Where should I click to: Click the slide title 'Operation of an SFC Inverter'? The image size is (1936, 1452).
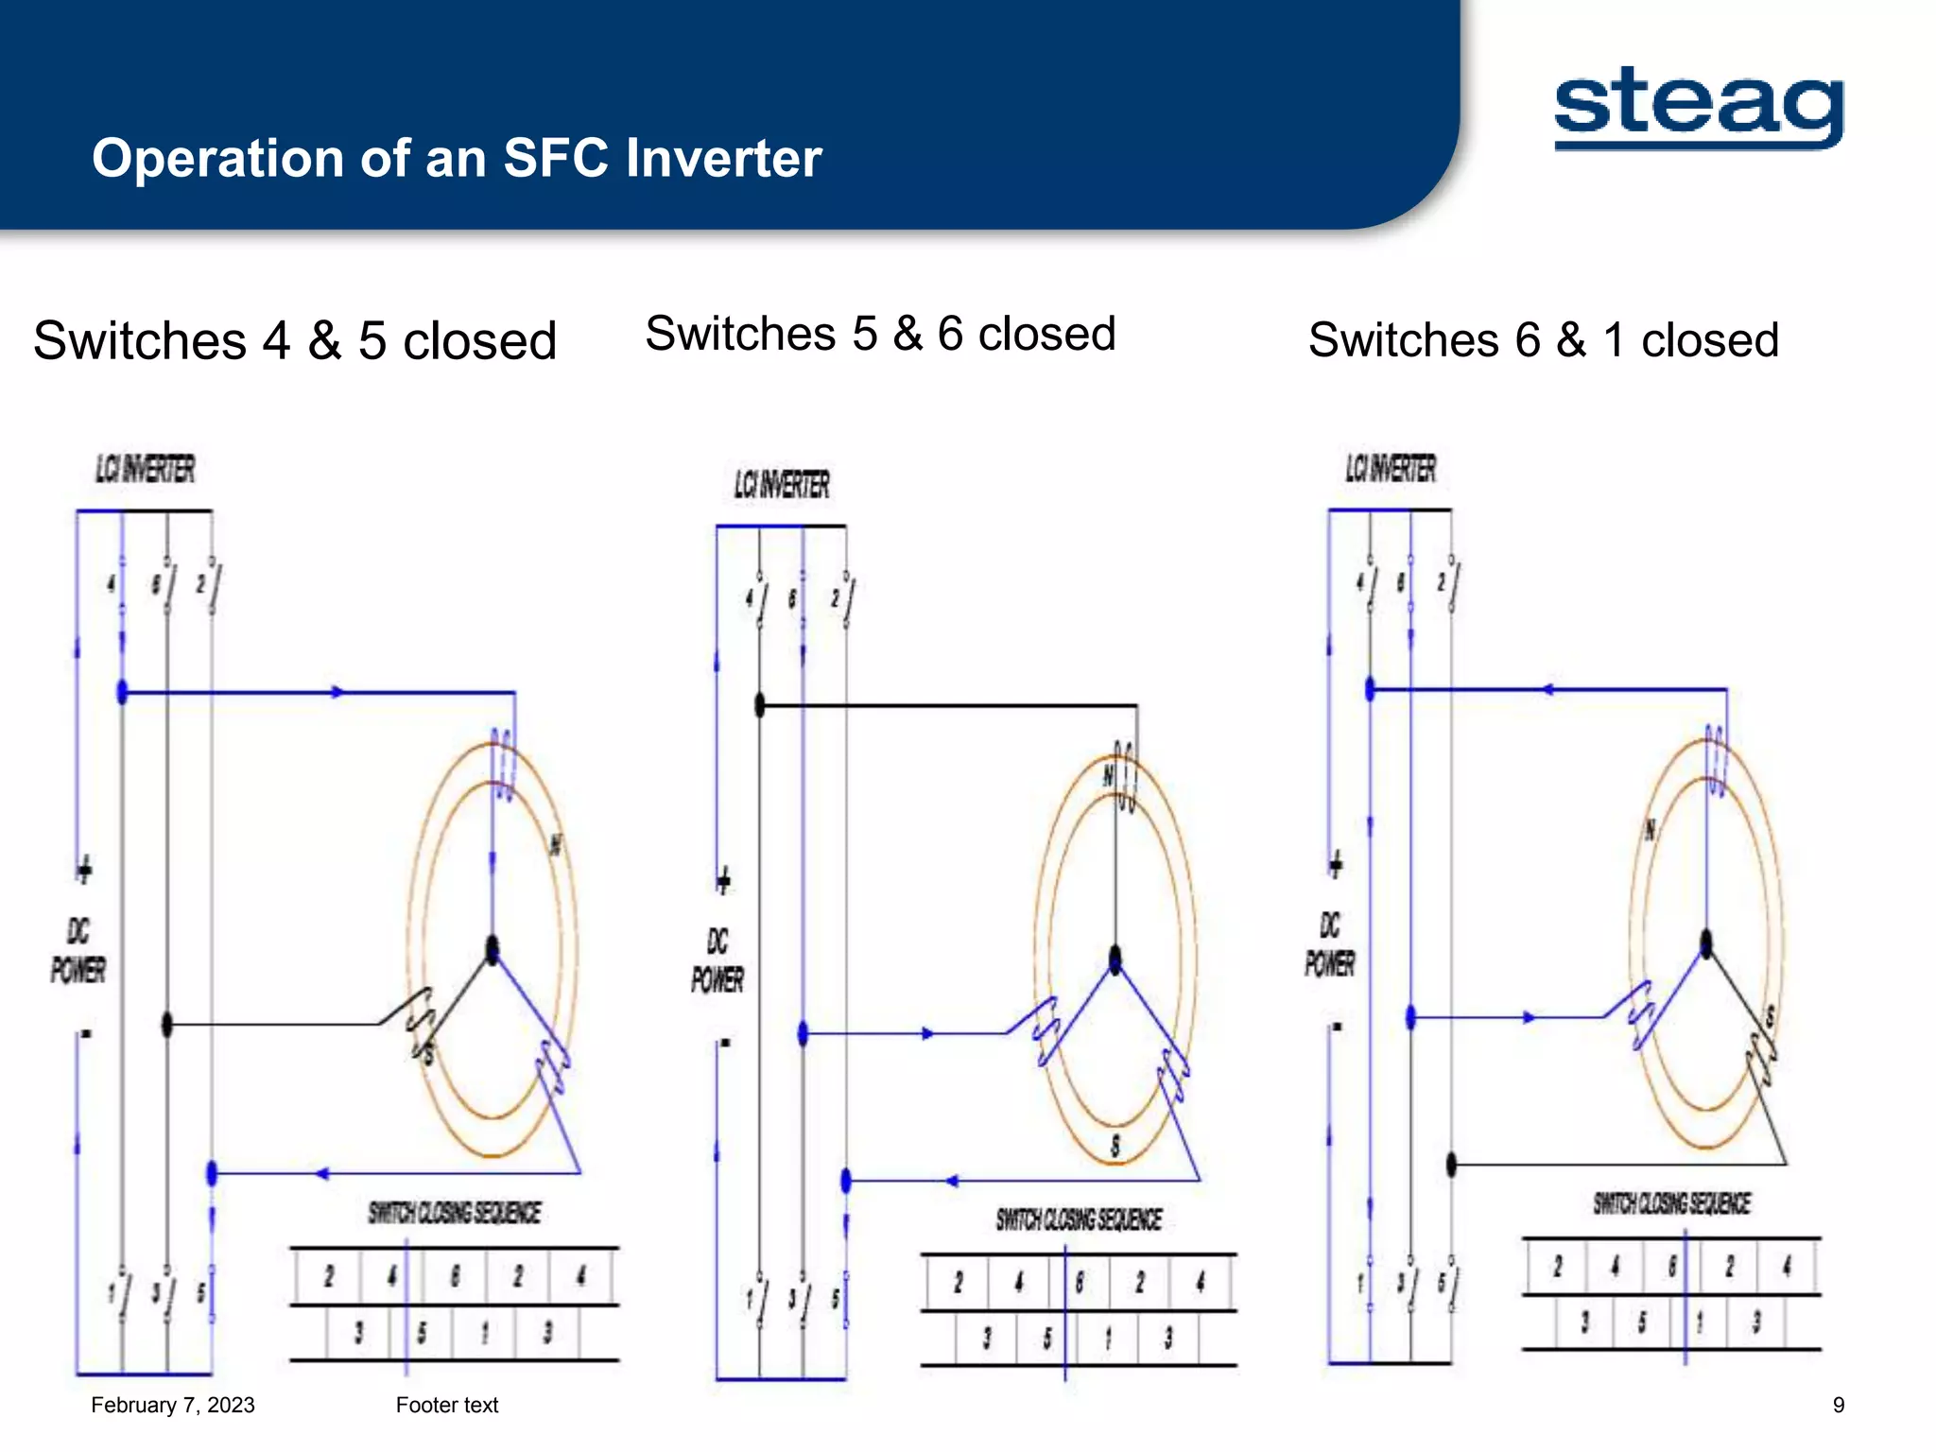point(457,158)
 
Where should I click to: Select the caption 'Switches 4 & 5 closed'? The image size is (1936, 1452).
point(295,340)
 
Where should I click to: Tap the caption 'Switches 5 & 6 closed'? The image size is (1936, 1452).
point(880,334)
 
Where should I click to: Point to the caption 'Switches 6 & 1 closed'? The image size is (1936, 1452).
point(1543,340)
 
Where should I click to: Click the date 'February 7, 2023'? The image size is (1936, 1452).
point(173,1405)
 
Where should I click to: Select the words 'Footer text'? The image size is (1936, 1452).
point(447,1405)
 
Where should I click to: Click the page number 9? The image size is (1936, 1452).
point(1838,1405)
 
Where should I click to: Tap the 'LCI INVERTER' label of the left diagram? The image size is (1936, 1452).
point(145,469)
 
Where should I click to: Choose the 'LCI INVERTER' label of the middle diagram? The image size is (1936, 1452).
point(782,485)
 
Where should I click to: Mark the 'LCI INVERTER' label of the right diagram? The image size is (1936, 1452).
point(1391,468)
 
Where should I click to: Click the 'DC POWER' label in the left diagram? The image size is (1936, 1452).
point(78,951)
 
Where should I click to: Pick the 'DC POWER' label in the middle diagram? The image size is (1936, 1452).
point(717,960)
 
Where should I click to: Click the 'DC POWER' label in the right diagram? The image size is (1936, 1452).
point(1330,944)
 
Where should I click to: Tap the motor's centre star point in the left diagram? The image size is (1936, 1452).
point(492,948)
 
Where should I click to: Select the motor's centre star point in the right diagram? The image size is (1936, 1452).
point(1706,943)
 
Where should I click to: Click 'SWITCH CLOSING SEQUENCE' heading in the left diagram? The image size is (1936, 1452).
point(455,1213)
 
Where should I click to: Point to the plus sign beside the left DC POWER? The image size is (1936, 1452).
point(84,869)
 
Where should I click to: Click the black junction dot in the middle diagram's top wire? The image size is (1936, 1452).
point(759,704)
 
